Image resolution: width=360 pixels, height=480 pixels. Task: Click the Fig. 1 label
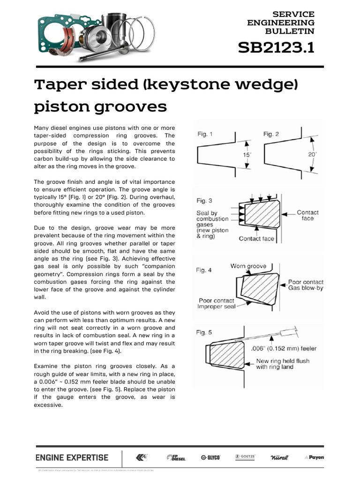tap(205, 134)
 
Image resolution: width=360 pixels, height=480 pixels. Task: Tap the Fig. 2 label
tap(271, 134)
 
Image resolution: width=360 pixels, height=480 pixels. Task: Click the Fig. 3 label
tap(204, 201)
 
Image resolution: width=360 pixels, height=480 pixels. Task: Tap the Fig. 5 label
tap(204, 332)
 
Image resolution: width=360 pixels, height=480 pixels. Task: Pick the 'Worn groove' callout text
tap(248, 266)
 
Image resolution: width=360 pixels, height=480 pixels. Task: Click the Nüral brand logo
tap(280, 457)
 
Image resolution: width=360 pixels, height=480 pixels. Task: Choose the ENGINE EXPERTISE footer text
tap(72, 457)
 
